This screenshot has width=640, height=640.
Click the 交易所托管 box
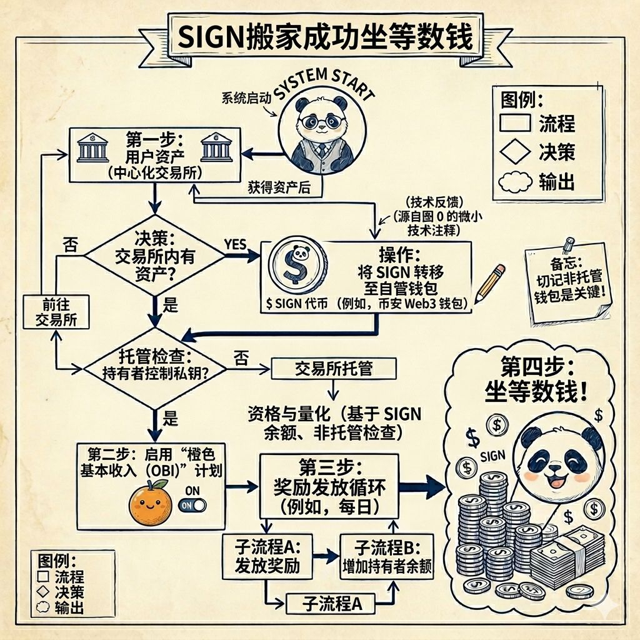click(x=334, y=368)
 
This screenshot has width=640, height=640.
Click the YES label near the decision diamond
click(x=235, y=245)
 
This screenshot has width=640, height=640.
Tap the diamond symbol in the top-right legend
click(x=516, y=152)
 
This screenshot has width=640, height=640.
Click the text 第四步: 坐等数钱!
click(x=536, y=380)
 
